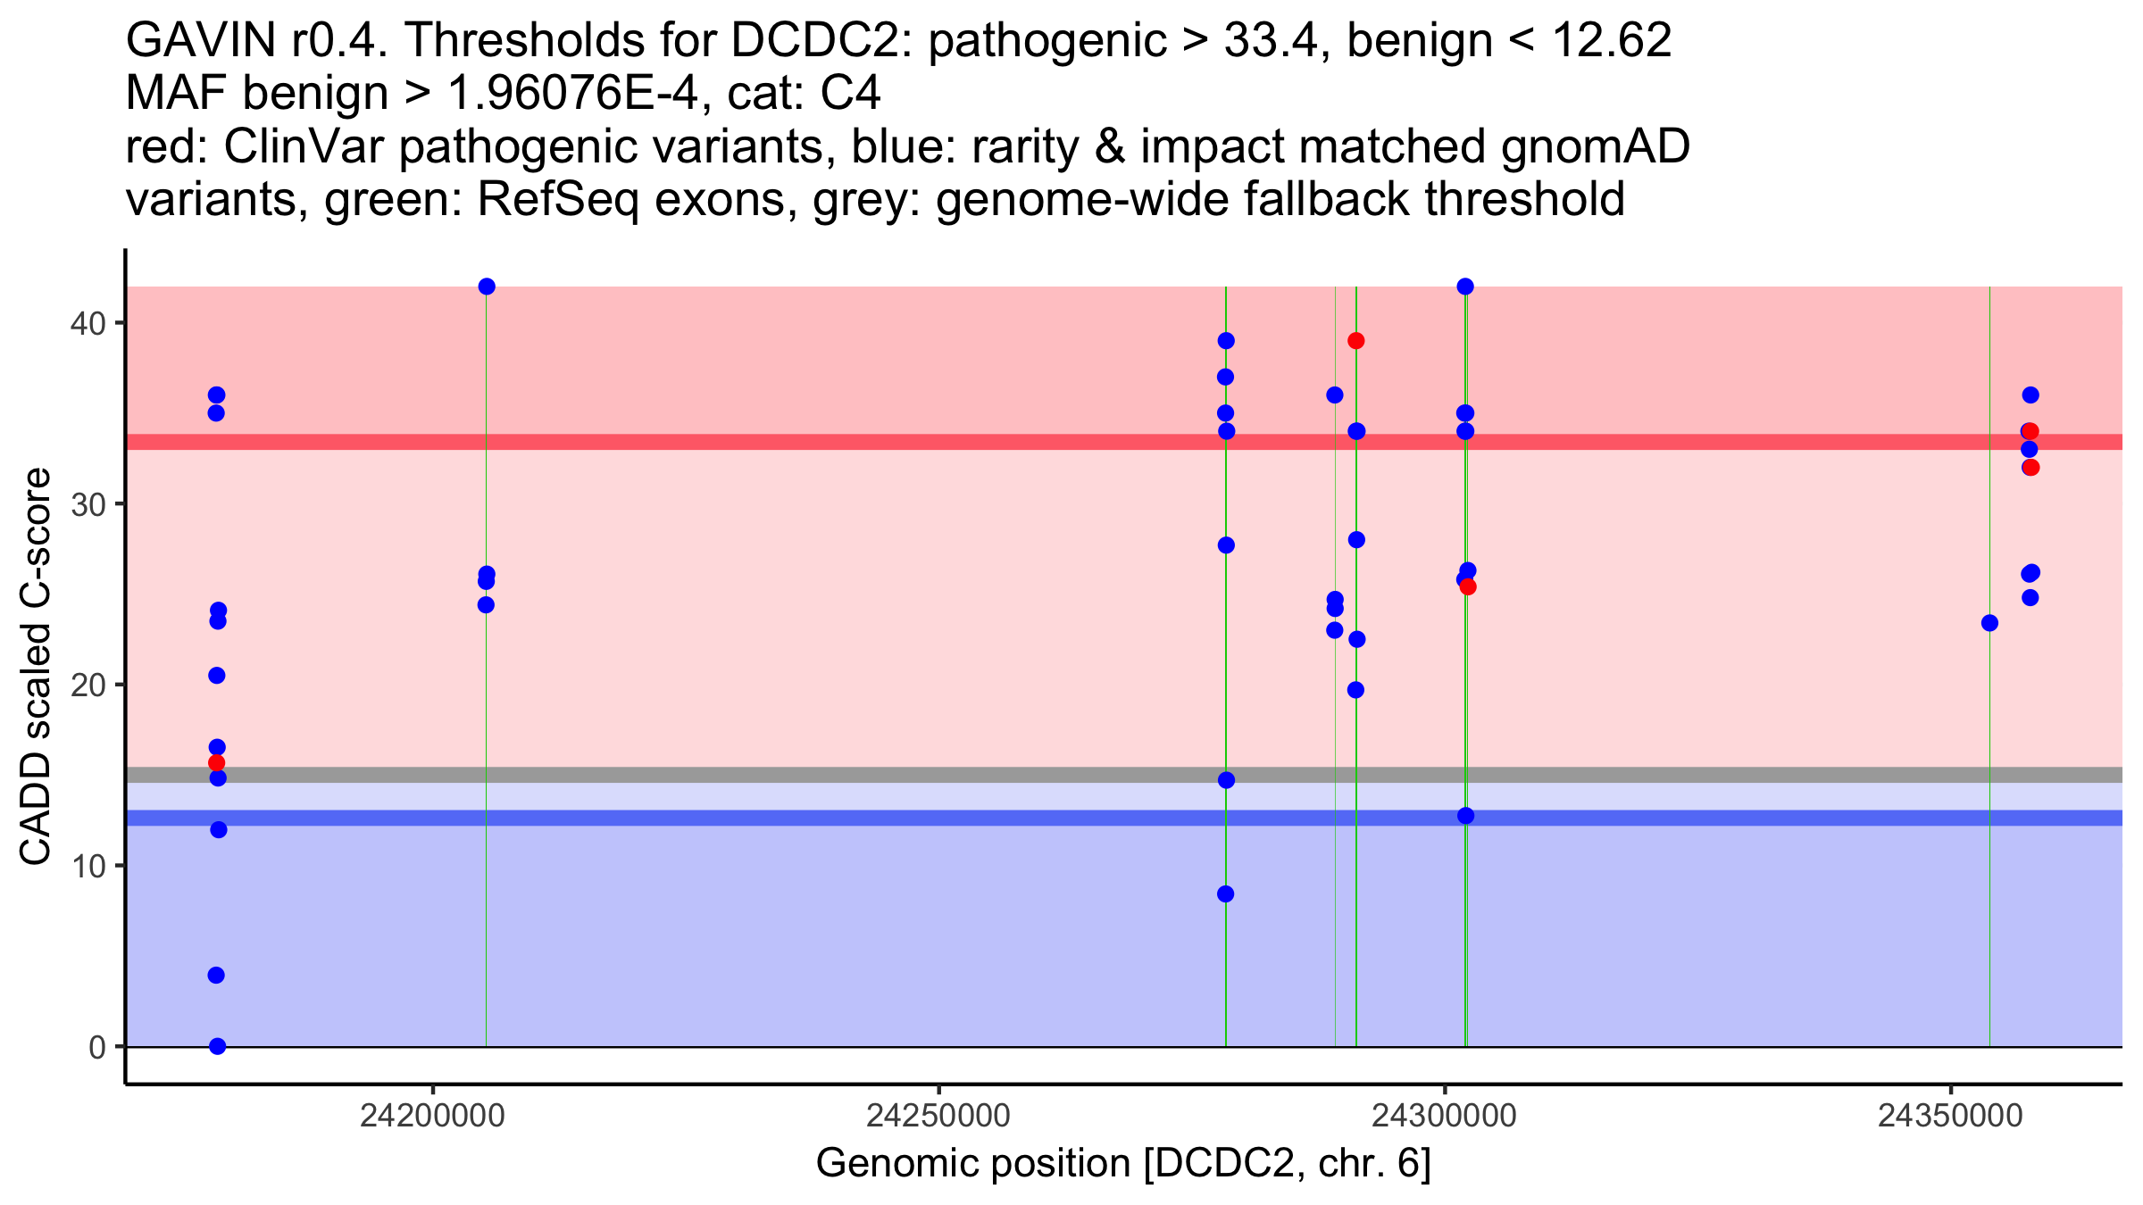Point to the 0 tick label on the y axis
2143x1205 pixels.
click(x=96, y=1047)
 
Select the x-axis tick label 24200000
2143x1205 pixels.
click(x=432, y=1116)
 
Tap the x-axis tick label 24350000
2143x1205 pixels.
click(x=1950, y=1116)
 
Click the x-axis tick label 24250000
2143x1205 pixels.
click(x=938, y=1116)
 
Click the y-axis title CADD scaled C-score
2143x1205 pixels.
click(x=36, y=667)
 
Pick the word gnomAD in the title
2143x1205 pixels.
click(x=1596, y=147)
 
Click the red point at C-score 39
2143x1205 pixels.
click(x=1356, y=341)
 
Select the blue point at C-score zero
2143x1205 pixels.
click(x=217, y=1046)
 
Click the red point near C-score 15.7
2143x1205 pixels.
click(x=216, y=763)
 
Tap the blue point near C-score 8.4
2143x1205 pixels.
click(x=1226, y=894)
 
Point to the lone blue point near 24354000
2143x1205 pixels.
click(x=1989, y=623)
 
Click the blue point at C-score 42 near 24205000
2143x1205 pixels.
click(x=487, y=287)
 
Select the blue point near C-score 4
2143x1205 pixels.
click(x=216, y=976)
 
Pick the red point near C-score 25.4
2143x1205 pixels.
click(x=1468, y=586)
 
